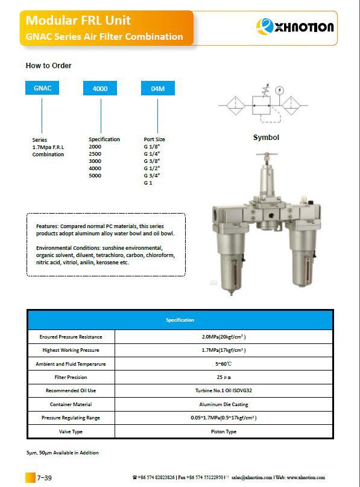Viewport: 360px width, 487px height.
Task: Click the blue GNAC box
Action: (x=42, y=88)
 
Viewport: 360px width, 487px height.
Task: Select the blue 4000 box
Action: (x=100, y=89)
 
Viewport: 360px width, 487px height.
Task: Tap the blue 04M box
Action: (x=158, y=89)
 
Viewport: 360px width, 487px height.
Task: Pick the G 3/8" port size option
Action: (x=151, y=161)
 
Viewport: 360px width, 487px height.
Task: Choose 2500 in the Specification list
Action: (x=95, y=154)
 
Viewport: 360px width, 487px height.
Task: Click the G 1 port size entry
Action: (x=148, y=183)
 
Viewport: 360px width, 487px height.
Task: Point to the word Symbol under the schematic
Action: (x=266, y=138)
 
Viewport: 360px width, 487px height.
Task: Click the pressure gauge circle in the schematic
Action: (x=279, y=91)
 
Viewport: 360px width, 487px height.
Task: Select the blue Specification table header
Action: (x=180, y=320)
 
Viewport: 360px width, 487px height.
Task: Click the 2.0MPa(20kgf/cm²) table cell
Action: (x=223, y=337)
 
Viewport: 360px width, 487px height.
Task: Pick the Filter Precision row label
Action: (x=71, y=377)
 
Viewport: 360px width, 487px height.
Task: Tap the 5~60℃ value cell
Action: (x=223, y=364)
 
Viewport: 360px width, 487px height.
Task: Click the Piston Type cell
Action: (x=223, y=431)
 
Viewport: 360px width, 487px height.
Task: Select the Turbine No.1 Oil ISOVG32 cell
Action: (x=223, y=391)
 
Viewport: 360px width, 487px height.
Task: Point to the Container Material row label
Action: (x=71, y=404)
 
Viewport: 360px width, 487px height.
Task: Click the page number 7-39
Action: (x=44, y=478)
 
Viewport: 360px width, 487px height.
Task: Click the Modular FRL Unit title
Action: (x=78, y=21)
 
